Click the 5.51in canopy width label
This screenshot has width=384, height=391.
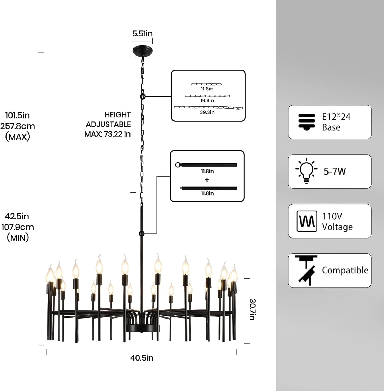pos(142,34)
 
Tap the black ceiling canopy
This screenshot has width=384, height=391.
pos(142,50)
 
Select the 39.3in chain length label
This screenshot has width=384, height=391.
pos(207,112)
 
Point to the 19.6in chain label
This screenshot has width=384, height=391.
pos(207,101)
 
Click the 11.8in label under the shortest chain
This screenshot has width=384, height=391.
pos(207,89)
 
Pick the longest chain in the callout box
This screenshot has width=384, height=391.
pos(208,107)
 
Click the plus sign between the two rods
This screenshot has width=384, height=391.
pos(207,180)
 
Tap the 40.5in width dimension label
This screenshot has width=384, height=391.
pos(142,358)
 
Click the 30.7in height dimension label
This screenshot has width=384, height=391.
pos(252,309)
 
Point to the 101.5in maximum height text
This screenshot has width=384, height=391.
pos(18,115)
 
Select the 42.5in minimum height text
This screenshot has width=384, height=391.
pos(17,216)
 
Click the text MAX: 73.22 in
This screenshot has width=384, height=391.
pos(107,134)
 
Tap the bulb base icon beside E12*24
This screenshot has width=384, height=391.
pos(307,121)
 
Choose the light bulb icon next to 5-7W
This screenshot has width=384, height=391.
pos(306,171)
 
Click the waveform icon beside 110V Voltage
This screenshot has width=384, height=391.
pos(307,221)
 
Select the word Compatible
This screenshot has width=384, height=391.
pos(345,270)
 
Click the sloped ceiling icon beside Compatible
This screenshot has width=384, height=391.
pos(307,270)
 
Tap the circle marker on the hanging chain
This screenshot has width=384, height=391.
pos(143,97)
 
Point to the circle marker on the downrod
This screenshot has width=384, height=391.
pos(141,234)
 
